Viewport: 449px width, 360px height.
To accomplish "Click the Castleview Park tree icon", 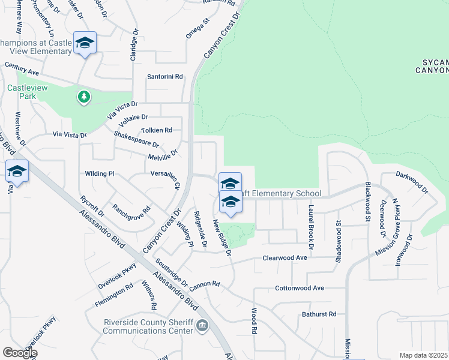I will [x=84, y=96].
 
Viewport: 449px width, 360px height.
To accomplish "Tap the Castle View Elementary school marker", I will [x=85, y=43].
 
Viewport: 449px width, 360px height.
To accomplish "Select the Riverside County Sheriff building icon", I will [x=203, y=325].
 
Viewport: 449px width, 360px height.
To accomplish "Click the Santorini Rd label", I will [x=165, y=77].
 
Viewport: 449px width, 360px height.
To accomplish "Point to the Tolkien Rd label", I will [x=156, y=130].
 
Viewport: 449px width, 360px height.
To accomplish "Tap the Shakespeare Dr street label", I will [x=136, y=140].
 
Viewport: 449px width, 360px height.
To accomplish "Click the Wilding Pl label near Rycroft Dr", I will [x=99, y=173].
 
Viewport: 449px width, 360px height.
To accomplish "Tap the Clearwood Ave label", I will [x=285, y=257].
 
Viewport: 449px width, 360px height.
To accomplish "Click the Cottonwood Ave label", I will [x=299, y=288].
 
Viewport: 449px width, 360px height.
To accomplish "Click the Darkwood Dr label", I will [x=412, y=182].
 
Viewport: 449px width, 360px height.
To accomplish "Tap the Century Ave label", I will [x=22, y=68].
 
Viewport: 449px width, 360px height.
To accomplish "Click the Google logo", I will [x=20, y=353].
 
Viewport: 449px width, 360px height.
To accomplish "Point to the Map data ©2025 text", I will [x=423, y=355].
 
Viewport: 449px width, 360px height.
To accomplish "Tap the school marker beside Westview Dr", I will [x=17, y=172].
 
